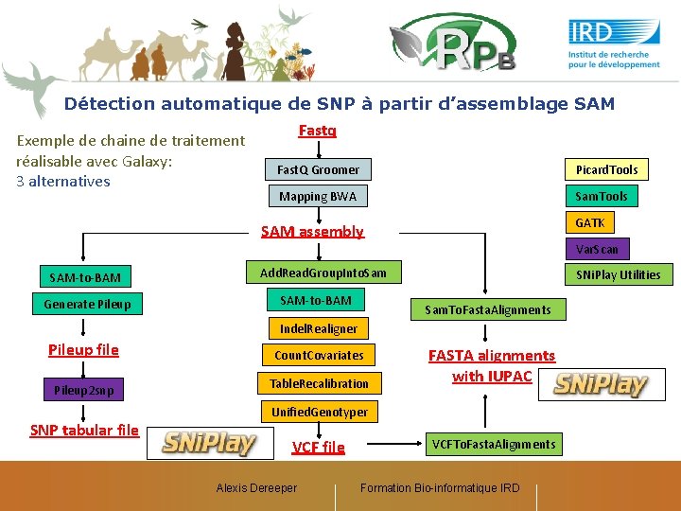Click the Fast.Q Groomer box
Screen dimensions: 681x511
coord(318,169)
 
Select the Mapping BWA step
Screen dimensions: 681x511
coord(318,196)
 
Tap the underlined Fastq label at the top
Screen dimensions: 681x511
coord(317,131)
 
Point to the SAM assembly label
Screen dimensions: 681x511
coord(312,231)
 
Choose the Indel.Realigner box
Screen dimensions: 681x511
coord(318,328)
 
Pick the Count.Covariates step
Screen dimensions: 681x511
coord(318,355)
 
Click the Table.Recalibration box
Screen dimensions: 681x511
coord(318,383)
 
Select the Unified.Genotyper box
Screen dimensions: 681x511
coord(319,412)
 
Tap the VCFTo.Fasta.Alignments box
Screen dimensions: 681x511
coord(494,444)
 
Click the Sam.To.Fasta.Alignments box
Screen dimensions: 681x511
coord(487,309)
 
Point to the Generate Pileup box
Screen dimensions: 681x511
coord(87,304)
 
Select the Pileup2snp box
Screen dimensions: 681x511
coord(83,389)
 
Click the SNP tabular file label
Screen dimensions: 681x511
coord(84,431)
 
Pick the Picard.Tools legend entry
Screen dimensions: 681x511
coord(606,169)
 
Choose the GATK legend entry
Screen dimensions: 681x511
coord(589,222)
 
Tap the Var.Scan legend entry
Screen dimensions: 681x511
coord(597,249)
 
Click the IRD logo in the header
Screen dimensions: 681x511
coord(614,44)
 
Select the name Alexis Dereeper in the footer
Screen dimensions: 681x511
coord(256,487)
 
